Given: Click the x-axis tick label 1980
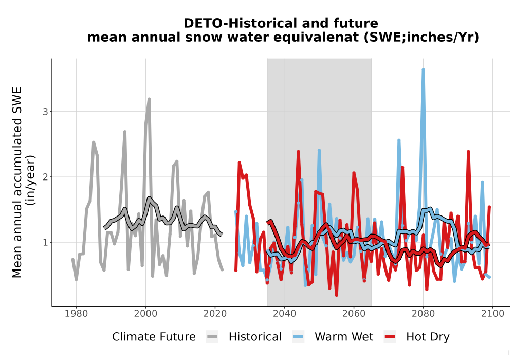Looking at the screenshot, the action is pyautogui.click(x=76, y=314).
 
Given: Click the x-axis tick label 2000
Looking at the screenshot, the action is pyautogui.click(x=145, y=314).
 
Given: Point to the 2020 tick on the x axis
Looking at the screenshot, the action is pyautogui.click(x=215, y=314).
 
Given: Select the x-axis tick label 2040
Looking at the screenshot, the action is pyautogui.click(x=284, y=314).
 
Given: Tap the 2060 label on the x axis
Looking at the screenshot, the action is pyautogui.click(x=354, y=314).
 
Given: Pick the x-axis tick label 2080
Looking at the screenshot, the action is pyautogui.click(x=423, y=314).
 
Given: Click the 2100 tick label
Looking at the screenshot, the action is pyautogui.click(x=492, y=314).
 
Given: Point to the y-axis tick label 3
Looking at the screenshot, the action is pyautogui.click(x=45, y=112).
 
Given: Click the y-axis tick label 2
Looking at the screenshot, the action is pyautogui.click(x=45, y=177).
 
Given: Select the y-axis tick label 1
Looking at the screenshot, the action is pyautogui.click(x=45, y=243).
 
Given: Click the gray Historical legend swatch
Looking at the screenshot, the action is pyautogui.click(x=212, y=337).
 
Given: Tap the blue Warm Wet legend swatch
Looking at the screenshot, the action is pyautogui.click(x=298, y=337).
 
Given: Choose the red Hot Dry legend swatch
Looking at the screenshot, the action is pyautogui.click(x=390, y=337).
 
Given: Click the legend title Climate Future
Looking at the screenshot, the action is pyautogui.click(x=154, y=337).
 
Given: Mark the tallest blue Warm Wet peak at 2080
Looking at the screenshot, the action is pyautogui.click(x=423, y=70).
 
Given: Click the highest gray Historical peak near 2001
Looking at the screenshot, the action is pyautogui.click(x=149, y=99).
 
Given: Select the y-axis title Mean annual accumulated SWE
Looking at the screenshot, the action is pyautogui.click(x=17, y=182).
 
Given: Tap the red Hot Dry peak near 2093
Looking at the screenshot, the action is pyautogui.click(x=468, y=152).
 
